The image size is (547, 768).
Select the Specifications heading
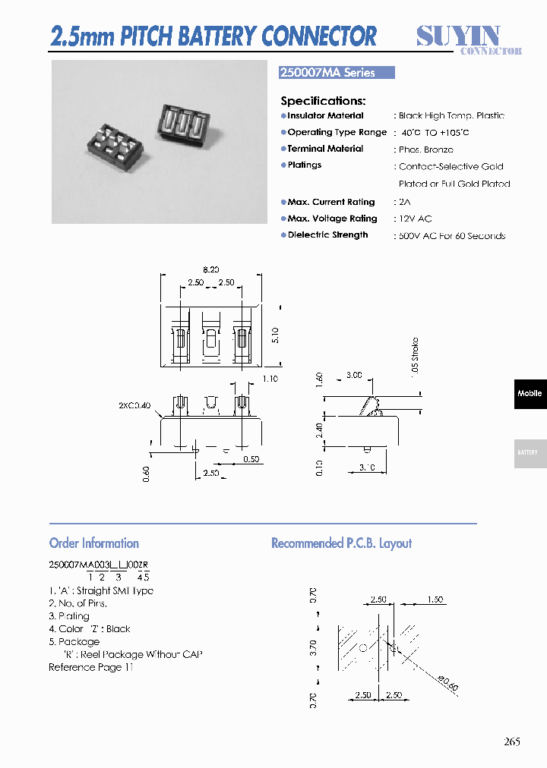[323, 101]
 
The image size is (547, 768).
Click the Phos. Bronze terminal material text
[425, 150]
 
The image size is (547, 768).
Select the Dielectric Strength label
[327, 235]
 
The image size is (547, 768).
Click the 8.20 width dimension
[210, 269]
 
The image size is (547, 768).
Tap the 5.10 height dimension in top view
[274, 335]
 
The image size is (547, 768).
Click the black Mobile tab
[530, 394]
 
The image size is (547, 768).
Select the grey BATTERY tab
[529, 452]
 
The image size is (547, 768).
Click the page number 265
[512, 742]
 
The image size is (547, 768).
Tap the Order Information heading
[94, 543]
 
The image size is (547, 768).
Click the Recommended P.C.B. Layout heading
[341, 543]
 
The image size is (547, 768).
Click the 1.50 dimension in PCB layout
[435, 600]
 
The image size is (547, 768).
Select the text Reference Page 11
[91, 667]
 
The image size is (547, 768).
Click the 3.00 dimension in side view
[353, 375]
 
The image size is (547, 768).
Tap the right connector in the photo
[183, 121]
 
